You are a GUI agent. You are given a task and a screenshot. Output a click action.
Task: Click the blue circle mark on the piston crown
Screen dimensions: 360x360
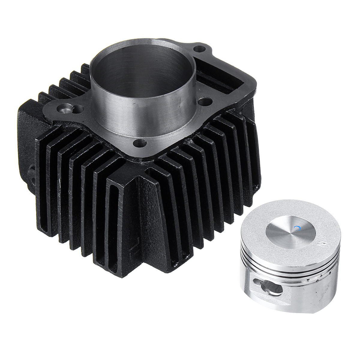click(297, 229)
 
